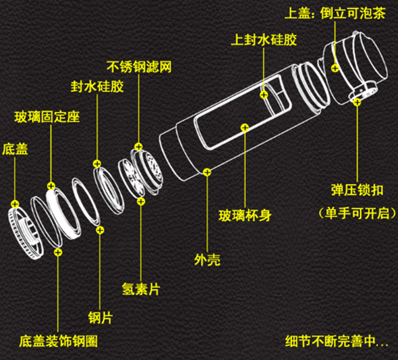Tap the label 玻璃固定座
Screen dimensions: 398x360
pyautogui.click(x=47, y=116)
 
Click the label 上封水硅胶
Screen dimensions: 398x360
pyautogui.click(x=264, y=40)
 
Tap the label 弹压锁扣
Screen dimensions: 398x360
pyautogui.click(x=357, y=190)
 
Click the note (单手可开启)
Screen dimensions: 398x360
pyautogui.click(x=357, y=213)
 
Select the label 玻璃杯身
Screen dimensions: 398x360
pyautogui.click(x=245, y=216)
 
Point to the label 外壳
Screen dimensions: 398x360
pyautogui.click(x=207, y=260)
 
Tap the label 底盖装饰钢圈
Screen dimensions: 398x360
pyautogui.click(x=58, y=341)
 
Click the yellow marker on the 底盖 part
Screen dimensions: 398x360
pyautogui.click(x=15, y=204)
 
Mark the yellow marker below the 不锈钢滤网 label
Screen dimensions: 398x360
pyautogui.click(x=138, y=146)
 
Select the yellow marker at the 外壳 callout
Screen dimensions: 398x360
pyautogui.click(x=207, y=172)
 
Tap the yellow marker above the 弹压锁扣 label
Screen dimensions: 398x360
pyautogui.click(x=357, y=101)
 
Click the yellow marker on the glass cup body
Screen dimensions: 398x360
pyautogui.click(x=245, y=128)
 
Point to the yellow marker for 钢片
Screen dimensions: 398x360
pyautogui.click(x=100, y=230)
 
